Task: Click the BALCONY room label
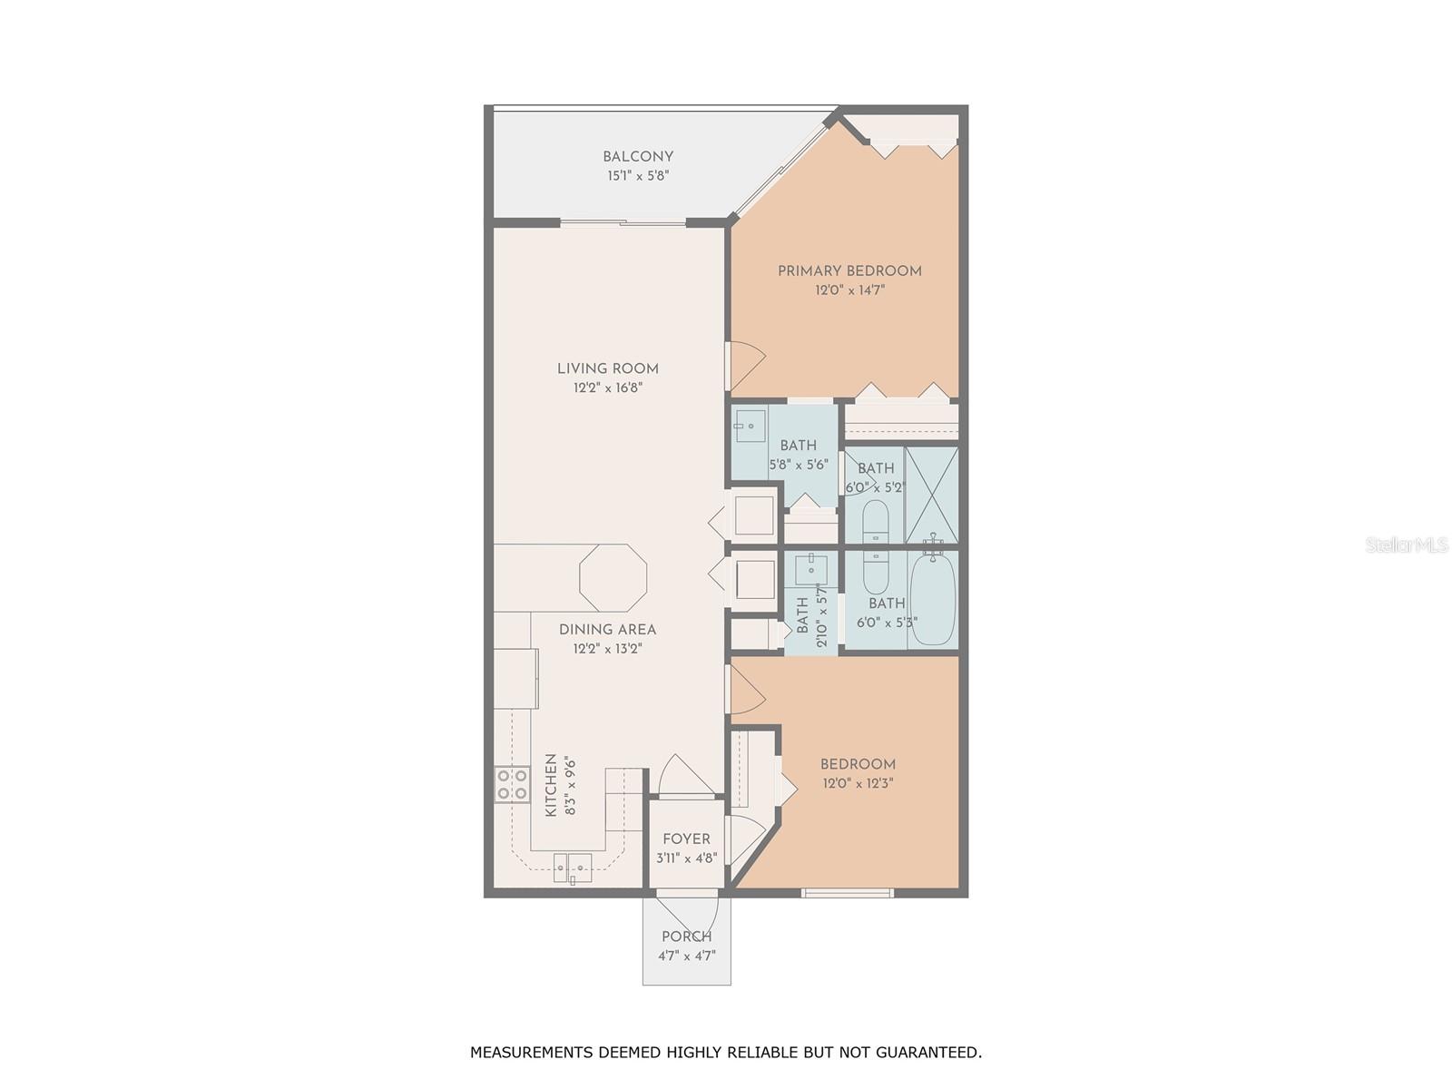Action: (638, 157)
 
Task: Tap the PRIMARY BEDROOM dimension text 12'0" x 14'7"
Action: (849, 291)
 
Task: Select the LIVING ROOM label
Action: (607, 368)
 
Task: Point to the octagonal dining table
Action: (613, 577)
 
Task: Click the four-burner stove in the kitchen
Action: (512, 784)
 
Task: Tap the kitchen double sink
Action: (573, 868)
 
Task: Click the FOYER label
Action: (686, 839)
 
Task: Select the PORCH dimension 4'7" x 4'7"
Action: (686, 956)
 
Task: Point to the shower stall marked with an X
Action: (932, 495)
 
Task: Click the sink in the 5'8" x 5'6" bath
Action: (751, 426)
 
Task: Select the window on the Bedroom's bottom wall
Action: (848, 893)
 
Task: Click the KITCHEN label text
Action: (551, 785)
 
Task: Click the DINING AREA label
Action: (607, 630)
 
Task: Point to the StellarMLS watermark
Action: (1406, 545)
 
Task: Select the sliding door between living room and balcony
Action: (623, 222)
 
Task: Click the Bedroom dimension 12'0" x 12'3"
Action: (858, 783)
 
